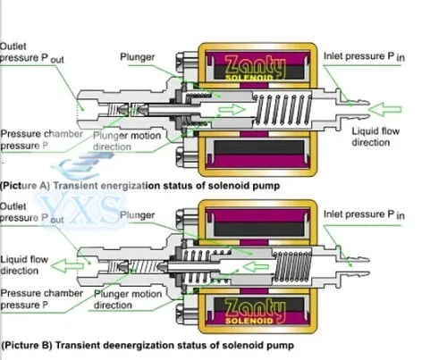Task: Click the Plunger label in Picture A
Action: click(137, 57)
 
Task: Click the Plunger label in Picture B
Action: click(137, 215)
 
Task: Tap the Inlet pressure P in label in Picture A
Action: click(364, 56)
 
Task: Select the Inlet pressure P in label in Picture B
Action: click(364, 214)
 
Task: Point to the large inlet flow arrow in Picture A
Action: click(385, 110)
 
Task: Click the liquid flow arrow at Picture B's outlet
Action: click(67, 266)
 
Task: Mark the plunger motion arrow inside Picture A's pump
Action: click(232, 109)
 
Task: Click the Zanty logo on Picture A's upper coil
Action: click(255, 66)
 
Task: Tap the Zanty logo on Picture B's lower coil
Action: click(255, 310)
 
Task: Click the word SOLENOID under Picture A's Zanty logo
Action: click(249, 78)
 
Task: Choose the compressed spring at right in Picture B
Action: click(292, 266)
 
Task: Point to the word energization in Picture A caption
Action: click(123, 186)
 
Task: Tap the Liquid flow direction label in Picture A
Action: click(375, 137)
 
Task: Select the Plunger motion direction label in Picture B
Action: click(128, 299)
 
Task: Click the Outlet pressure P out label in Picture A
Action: click(31, 53)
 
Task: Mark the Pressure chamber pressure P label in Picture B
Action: click(41, 299)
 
